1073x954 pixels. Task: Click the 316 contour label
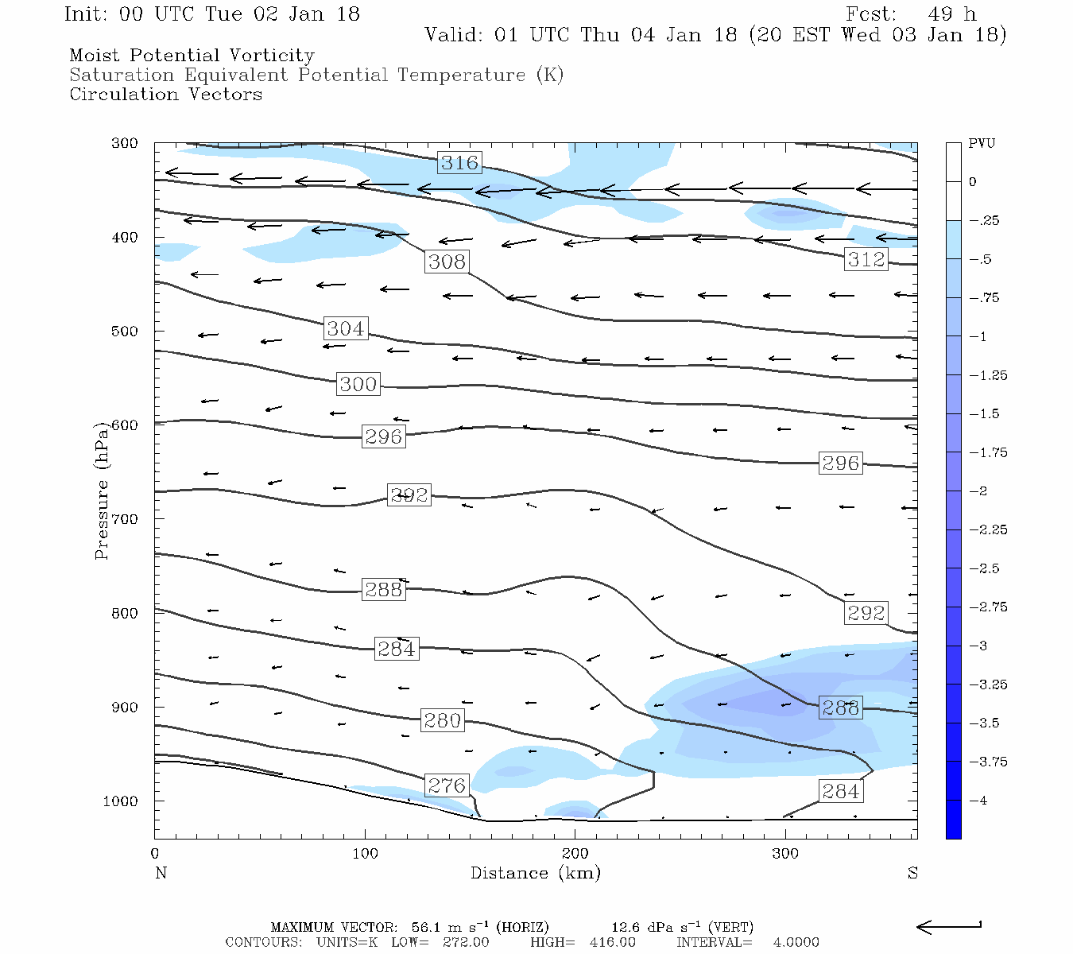[x=459, y=163]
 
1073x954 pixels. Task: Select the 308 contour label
[x=447, y=262]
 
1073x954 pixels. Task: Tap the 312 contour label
[x=866, y=259]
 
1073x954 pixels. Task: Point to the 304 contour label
[x=346, y=328]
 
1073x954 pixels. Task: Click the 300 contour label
[x=358, y=385]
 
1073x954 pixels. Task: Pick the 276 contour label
[x=446, y=786]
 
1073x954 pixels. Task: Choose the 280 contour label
[x=442, y=720]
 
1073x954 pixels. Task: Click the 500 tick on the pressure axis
[x=125, y=332]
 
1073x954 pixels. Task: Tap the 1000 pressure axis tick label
[x=121, y=801]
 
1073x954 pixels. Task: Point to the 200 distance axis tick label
[x=575, y=854]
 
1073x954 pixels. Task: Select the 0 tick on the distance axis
[x=155, y=854]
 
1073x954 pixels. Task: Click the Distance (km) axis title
[x=535, y=874]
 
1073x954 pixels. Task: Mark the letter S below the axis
[x=912, y=874]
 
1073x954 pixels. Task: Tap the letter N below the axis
[x=161, y=874]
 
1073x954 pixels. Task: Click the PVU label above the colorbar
[x=982, y=144]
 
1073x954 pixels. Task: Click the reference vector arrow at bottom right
[x=949, y=926]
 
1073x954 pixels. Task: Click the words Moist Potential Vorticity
[x=192, y=56]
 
